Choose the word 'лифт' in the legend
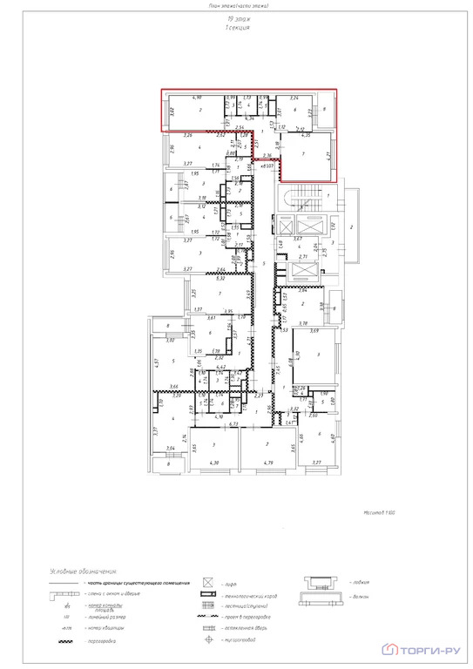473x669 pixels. tap(230, 582)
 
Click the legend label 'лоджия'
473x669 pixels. tap(360, 581)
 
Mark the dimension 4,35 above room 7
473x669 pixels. tap(306, 136)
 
